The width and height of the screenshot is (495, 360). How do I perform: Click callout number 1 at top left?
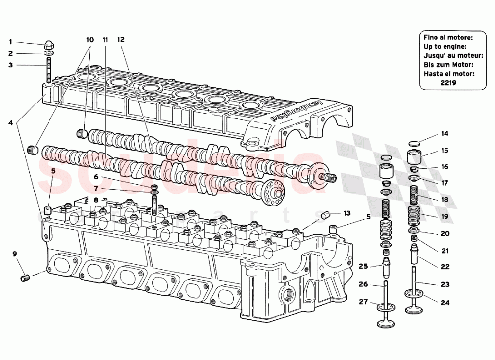pos(10,42)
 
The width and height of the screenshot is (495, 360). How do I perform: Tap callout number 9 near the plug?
pos(15,254)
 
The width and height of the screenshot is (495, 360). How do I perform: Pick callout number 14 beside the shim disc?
pos(445,134)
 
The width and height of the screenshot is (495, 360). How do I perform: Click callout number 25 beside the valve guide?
pos(363,266)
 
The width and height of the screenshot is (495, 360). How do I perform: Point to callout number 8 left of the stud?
pos(96,200)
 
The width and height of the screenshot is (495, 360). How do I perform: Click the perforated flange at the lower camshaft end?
pos(272,194)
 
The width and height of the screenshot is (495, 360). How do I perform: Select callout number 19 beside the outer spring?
pos(445,216)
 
